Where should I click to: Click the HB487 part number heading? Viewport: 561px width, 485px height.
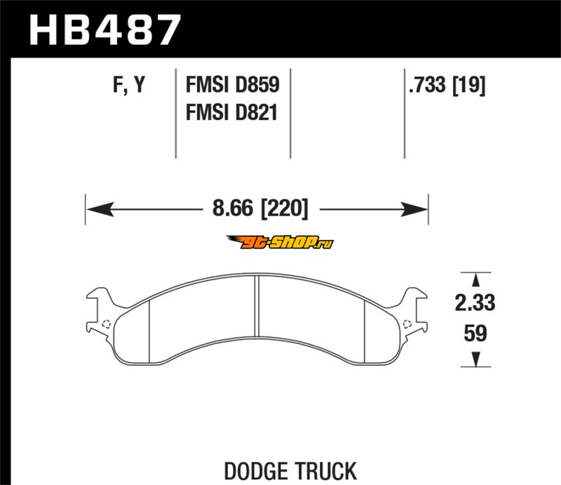pyautogui.click(x=104, y=30)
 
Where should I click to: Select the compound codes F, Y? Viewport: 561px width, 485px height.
pyautogui.click(x=129, y=85)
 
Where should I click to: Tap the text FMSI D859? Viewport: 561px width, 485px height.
pyautogui.click(x=233, y=85)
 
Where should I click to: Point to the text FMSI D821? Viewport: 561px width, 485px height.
pyautogui.click(x=232, y=112)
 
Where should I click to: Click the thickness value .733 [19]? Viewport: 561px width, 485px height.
pyautogui.click(x=447, y=85)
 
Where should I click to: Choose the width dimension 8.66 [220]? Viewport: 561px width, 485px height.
pyautogui.click(x=260, y=208)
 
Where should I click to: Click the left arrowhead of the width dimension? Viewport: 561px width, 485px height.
pyautogui.click(x=100, y=209)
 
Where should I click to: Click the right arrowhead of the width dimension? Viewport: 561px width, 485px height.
pyautogui.click(x=414, y=209)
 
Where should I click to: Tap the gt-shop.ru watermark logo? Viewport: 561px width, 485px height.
pyautogui.click(x=279, y=243)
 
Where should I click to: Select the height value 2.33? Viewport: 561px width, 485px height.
pyautogui.click(x=475, y=303)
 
